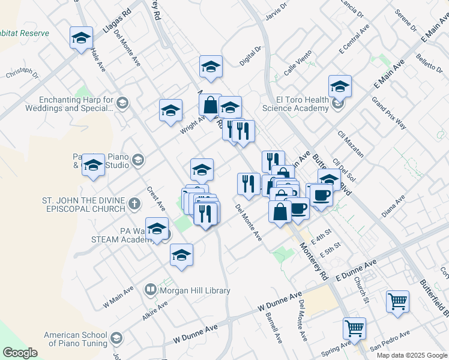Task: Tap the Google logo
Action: click(x=20, y=353)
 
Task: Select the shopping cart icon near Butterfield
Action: click(x=397, y=302)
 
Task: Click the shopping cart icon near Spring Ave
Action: click(x=354, y=329)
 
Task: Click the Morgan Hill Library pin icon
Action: click(x=151, y=290)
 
